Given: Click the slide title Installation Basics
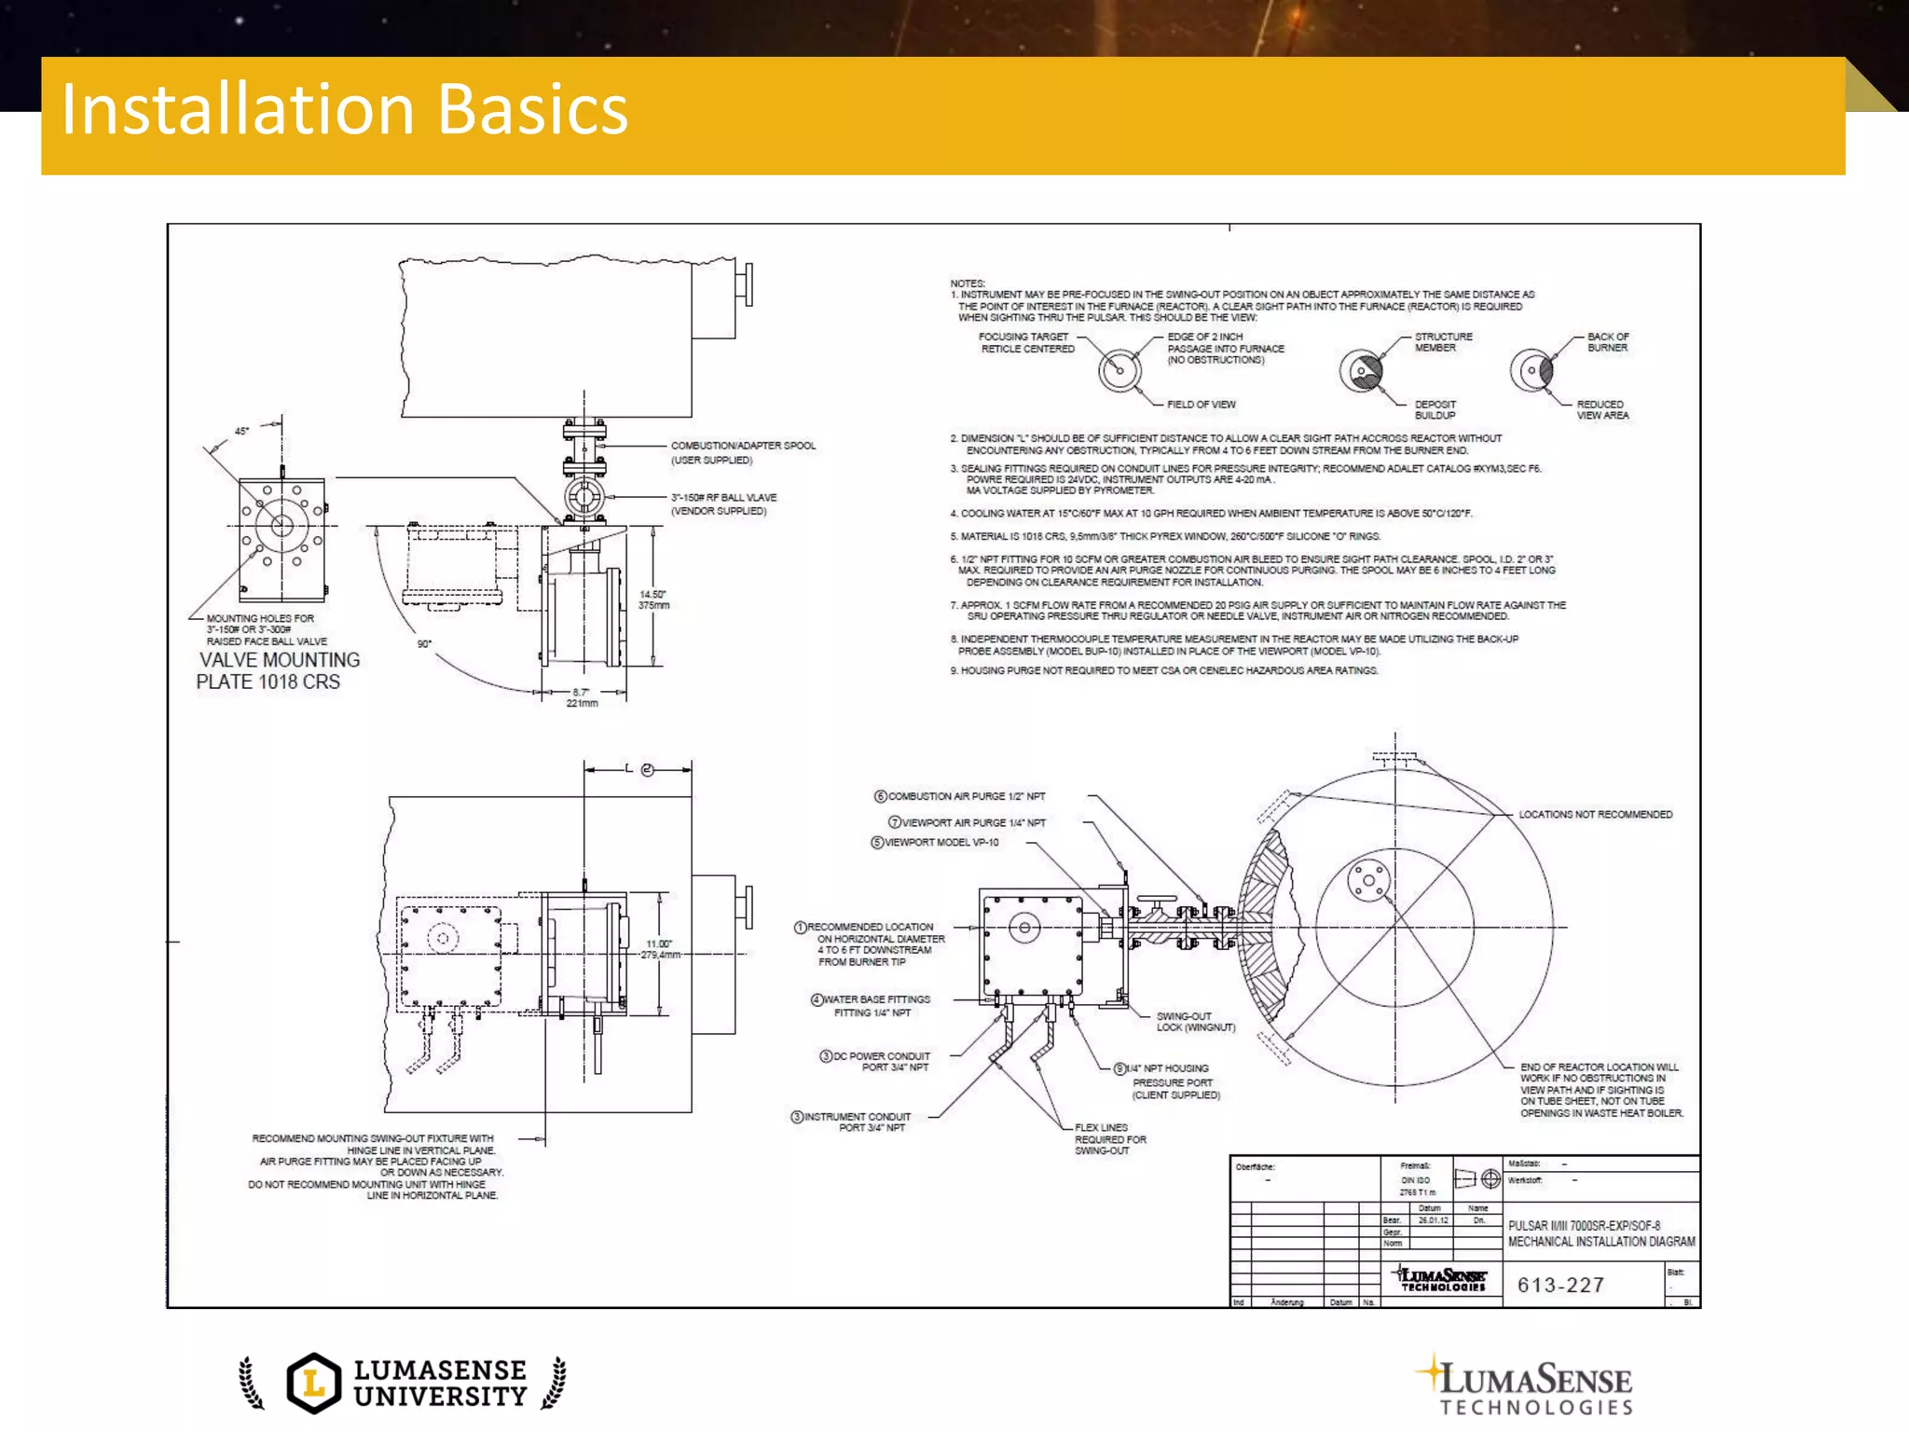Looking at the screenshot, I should click(x=344, y=110).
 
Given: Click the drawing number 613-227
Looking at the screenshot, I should click(x=1560, y=1285).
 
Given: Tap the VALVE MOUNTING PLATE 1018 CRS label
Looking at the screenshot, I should click(x=278, y=671).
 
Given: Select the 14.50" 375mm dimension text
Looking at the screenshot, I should click(x=653, y=599).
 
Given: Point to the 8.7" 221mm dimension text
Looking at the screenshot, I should click(x=582, y=697).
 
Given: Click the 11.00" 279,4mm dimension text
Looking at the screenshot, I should click(x=660, y=949).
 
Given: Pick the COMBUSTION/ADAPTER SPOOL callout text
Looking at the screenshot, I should click(x=743, y=452).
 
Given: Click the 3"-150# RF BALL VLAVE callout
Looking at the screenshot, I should click(x=723, y=504).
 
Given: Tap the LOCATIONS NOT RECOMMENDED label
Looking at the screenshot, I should click(x=1595, y=815).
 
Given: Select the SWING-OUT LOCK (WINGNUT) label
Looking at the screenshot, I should click(x=1195, y=1022).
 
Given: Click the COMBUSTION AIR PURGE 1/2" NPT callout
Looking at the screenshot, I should click(x=966, y=797).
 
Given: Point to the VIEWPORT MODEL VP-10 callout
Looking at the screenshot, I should click(x=941, y=843).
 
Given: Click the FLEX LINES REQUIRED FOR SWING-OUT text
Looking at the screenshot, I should click(x=1109, y=1139).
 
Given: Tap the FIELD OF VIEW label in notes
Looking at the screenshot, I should click(x=1201, y=405).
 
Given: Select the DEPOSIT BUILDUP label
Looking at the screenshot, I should click(x=1435, y=410).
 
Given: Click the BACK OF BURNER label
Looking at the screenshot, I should click(x=1607, y=342).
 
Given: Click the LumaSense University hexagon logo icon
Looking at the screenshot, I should click(x=314, y=1383).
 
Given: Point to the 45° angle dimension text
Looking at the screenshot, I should click(x=241, y=432).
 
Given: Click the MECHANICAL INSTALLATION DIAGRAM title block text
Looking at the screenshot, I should click(x=1600, y=1242).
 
